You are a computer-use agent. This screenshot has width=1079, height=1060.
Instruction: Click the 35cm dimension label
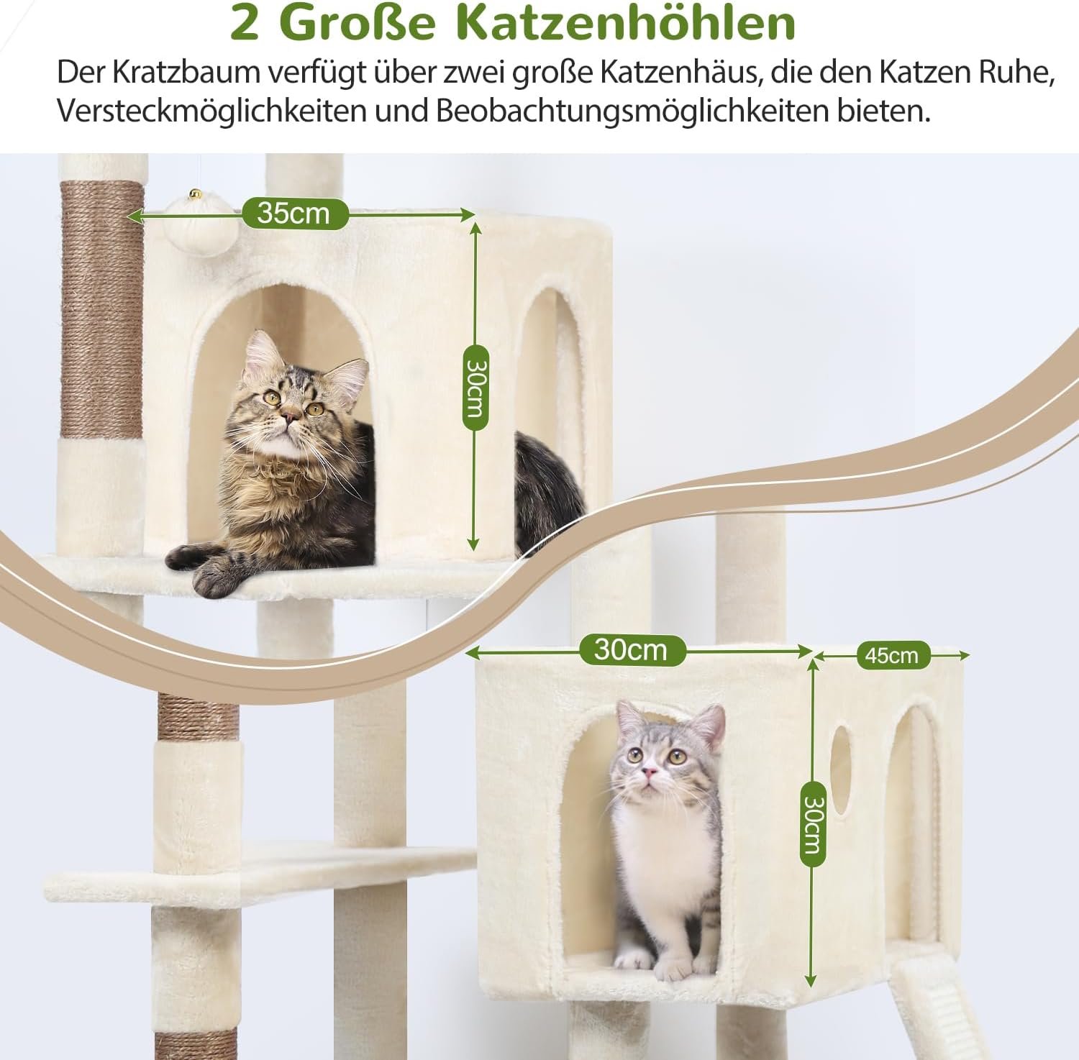pos(295,214)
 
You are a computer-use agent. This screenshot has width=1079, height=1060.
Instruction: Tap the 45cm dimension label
pos(891,655)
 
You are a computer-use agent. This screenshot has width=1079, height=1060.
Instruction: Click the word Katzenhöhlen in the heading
pos(627,24)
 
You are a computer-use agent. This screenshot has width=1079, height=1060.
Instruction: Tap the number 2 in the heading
pos(245,24)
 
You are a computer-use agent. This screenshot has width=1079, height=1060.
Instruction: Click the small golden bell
pos(194,193)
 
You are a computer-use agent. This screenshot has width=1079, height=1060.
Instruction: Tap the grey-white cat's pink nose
pos(650,773)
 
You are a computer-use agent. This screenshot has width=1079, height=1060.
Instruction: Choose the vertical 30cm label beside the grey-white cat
pos(811,824)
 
